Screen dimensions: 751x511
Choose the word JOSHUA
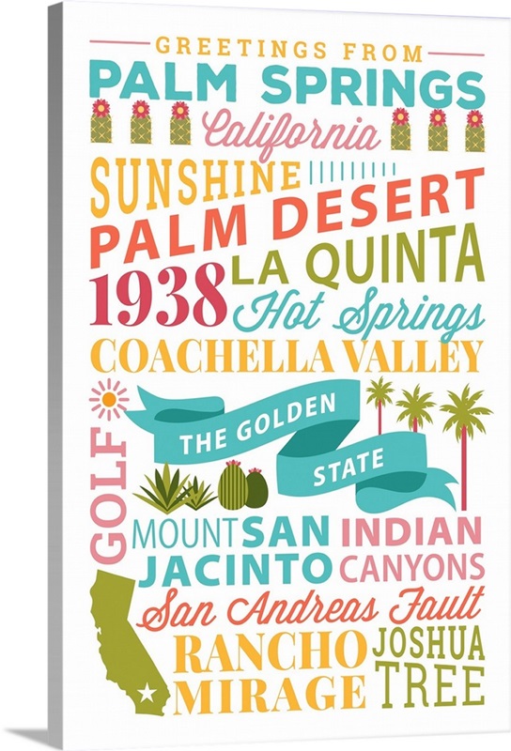tap(428, 644)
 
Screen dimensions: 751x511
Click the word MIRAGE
tap(269, 696)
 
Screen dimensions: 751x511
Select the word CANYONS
tap(411, 568)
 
